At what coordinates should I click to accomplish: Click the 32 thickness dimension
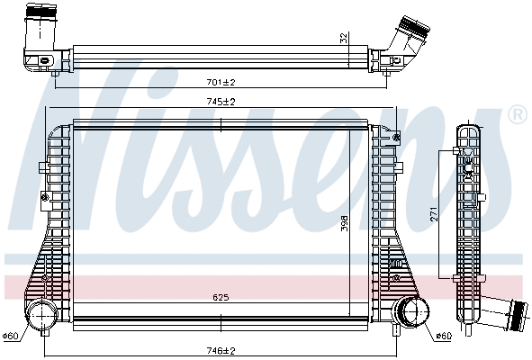pyautogui.click(x=342, y=38)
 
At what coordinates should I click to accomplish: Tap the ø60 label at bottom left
pyautogui.click(x=11, y=336)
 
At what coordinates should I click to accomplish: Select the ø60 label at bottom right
pyautogui.click(x=442, y=336)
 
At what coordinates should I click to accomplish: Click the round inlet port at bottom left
pyautogui.click(x=40, y=317)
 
